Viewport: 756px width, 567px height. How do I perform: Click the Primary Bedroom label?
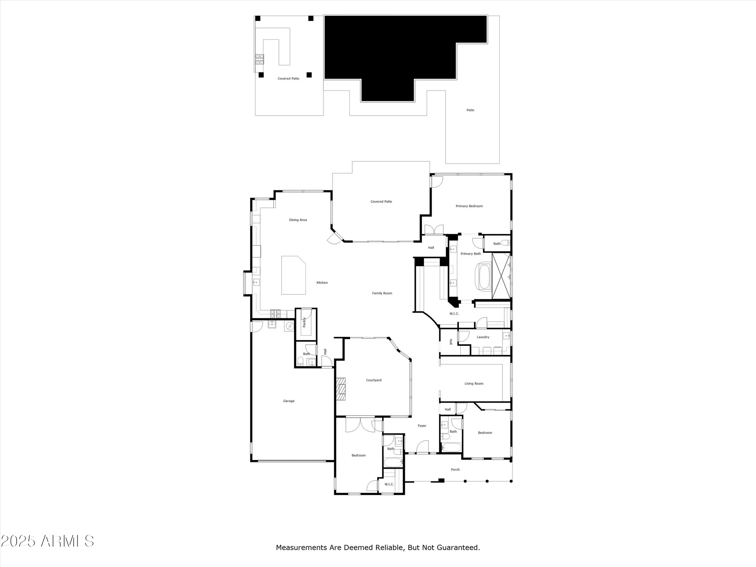(469, 206)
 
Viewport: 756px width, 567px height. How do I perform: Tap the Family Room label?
(382, 293)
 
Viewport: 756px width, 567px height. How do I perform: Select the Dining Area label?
(298, 220)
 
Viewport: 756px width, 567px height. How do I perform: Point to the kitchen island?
(293, 275)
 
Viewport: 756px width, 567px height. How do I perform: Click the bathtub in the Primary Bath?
(484, 277)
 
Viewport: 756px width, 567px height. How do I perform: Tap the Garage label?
(289, 401)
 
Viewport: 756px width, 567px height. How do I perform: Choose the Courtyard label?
(373, 380)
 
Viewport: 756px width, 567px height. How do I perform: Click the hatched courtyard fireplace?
(341, 389)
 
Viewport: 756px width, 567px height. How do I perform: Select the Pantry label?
(304, 322)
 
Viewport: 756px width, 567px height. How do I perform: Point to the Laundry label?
(483, 337)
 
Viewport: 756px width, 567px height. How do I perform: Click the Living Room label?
(474, 383)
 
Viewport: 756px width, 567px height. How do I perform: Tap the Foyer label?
(422, 426)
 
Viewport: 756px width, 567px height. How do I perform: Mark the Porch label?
(455, 469)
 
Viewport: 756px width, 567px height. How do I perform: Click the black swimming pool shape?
(389, 53)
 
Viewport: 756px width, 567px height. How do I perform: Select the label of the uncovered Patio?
(470, 110)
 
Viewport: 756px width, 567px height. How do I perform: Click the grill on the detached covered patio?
(259, 59)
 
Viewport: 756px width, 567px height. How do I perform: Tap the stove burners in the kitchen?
(275, 313)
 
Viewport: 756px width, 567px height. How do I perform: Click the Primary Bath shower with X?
(501, 276)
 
